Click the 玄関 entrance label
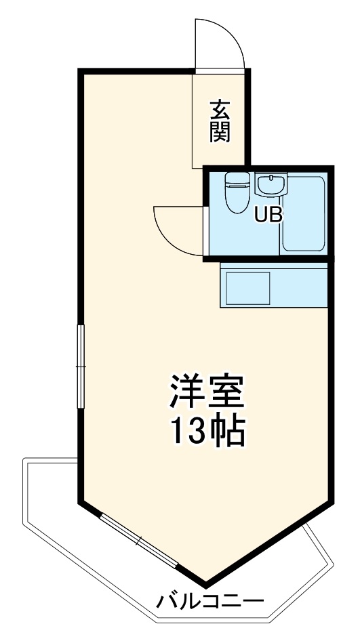[x=220, y=121]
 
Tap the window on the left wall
[x=81, y=367]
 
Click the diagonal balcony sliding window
[x=138, y=541]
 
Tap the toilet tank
[x=238, y=180]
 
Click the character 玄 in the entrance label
[x=220, y=108]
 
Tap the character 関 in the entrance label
[x=220, y=131]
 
